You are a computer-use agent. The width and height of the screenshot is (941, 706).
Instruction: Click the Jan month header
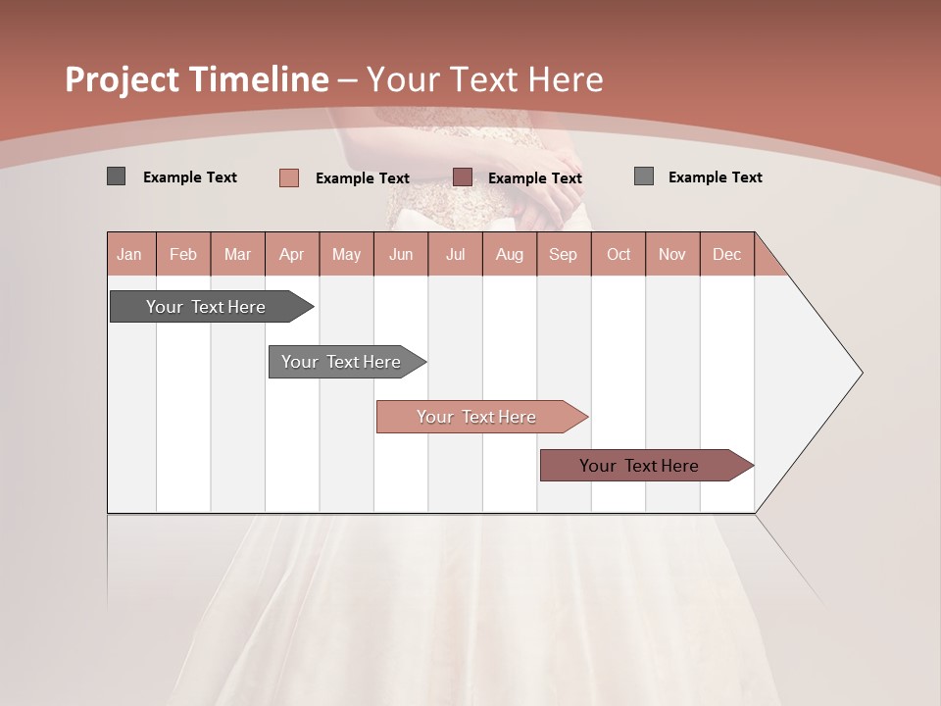point(129,254)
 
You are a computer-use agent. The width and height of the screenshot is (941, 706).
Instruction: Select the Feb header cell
point(183,254)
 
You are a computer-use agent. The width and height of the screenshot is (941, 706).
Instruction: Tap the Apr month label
point(291,254)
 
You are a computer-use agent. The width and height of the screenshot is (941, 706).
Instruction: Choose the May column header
point(346,254)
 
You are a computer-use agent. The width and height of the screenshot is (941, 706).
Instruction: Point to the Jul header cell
point(455,254)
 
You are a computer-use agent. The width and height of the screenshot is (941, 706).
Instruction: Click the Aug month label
point(510,254)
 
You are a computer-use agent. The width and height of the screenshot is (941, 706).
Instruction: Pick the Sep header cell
point(563,254)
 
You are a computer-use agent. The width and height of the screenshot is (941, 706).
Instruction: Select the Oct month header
point(619,254)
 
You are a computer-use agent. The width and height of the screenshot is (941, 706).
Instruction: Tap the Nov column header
point(672,254)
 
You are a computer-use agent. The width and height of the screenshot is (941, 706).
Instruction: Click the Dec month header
point(726,254)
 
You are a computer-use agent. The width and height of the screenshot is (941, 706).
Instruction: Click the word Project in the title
point(123,79)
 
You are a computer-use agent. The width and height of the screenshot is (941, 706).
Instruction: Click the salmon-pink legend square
point(289,177)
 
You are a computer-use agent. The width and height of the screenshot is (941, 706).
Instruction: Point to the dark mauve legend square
point(463,176)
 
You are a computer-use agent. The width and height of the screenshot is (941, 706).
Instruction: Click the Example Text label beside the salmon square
point(363,178)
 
